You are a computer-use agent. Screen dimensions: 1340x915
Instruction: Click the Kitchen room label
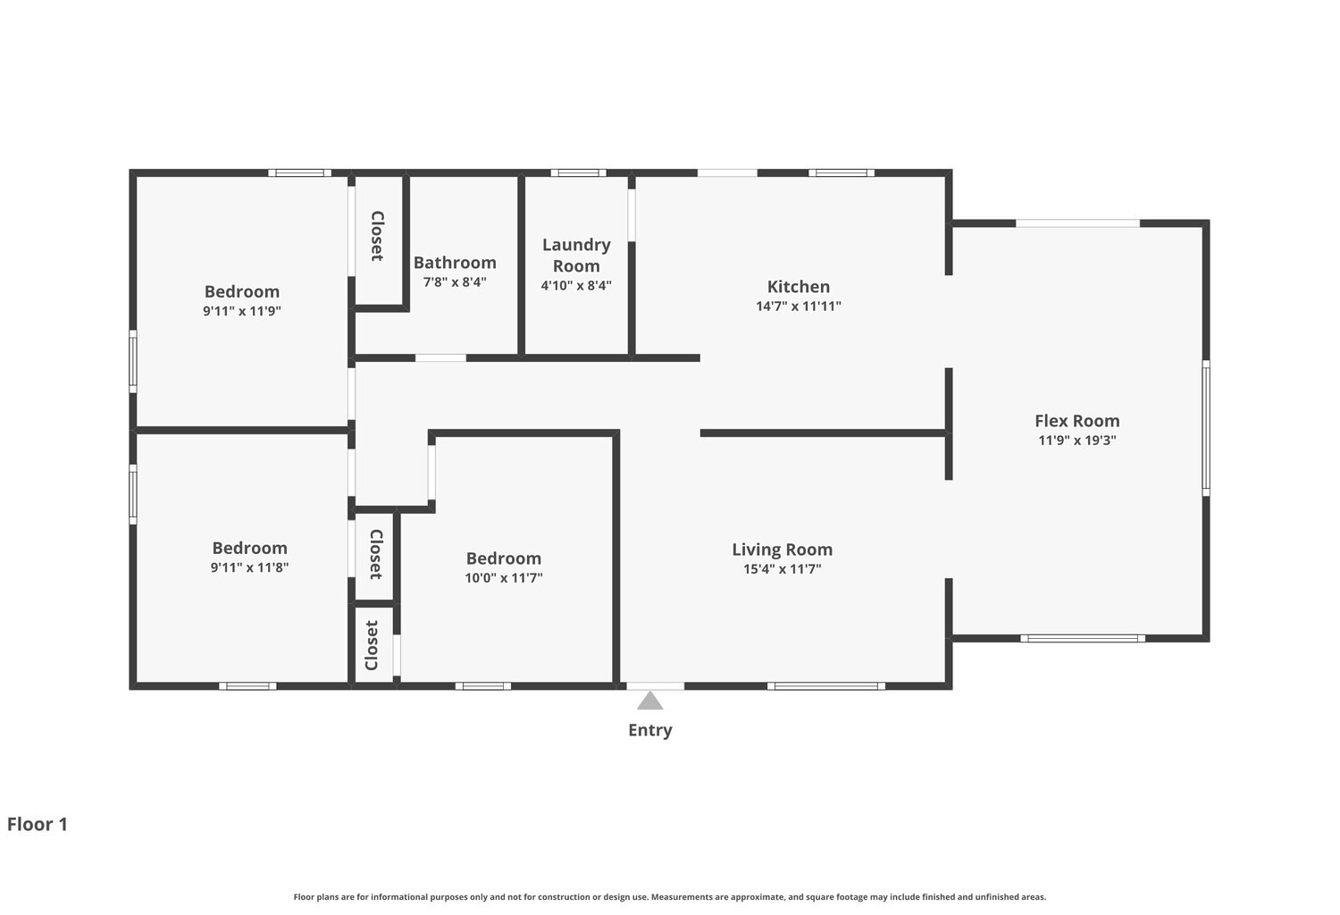[x=798, y=287]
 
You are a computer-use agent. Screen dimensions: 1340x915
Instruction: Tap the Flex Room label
[x=1076, y=421]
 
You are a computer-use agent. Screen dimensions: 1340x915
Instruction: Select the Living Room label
[x=782, y=550]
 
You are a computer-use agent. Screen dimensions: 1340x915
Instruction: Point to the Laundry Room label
[x=576, y=256]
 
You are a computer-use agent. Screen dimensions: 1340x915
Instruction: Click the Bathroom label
[x=455, y=263]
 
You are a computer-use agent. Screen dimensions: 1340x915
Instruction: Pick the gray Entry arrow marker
[x=649, y=701]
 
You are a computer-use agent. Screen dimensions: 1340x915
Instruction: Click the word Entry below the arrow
[x=650, y=731]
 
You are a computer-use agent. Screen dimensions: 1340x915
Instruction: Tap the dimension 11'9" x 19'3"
[x=1076, y=441]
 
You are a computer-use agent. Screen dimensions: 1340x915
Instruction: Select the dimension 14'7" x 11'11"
[x=798, y=306]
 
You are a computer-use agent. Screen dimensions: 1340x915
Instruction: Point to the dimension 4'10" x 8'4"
[x=576, y=285]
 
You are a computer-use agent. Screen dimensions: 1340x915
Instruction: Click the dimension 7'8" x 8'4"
[x=455, y=281]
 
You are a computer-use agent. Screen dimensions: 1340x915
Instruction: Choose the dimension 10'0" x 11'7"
[x=504, y=578]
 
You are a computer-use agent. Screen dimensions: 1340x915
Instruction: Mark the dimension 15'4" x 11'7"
[x=782, y=569]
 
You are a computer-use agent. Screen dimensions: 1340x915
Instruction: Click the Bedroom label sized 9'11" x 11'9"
[x=242, y=291]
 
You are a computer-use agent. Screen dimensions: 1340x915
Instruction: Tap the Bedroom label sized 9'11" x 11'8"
[x=249, y=548]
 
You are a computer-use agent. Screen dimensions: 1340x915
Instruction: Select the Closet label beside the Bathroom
[x=377, y=236]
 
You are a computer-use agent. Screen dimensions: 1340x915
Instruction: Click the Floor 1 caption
[x=38, y=824]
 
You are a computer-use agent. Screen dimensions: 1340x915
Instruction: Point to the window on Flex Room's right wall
[x=1206, y=428]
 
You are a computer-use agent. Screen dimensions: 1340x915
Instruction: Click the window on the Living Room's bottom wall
[x=826, y=686]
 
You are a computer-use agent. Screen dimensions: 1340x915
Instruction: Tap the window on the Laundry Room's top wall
[x=579, y=173]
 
